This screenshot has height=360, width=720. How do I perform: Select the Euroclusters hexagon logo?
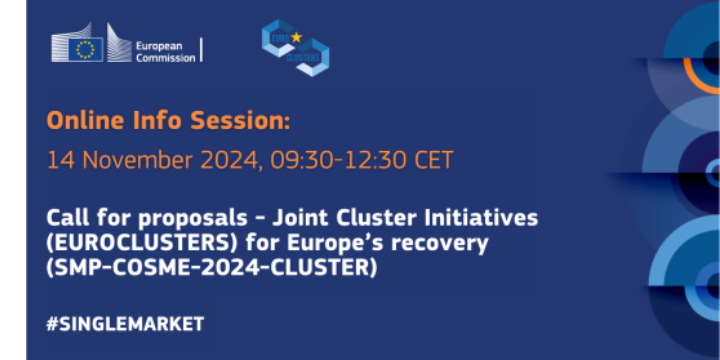click(296, 47)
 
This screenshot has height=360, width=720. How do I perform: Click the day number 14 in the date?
click(58, 159)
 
